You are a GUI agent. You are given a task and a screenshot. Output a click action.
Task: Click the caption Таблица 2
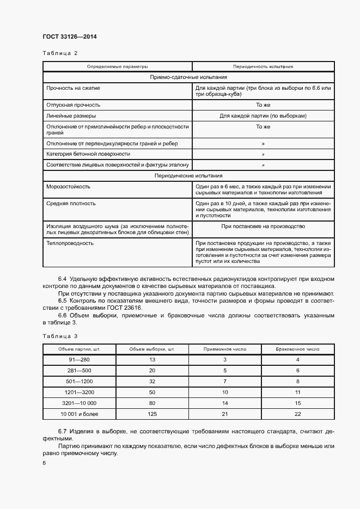point(60,53)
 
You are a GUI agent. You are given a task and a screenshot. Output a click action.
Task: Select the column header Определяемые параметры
point(117,66)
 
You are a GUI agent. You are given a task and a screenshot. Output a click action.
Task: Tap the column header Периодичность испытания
point(263,66)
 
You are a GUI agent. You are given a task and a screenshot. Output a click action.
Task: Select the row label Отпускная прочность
point(74,105)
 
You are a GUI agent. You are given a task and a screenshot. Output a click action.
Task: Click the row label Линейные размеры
point(71,115)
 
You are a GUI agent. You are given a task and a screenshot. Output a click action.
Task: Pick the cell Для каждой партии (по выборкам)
point(263,115)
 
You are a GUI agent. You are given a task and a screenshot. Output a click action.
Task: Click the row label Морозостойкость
point(68,186)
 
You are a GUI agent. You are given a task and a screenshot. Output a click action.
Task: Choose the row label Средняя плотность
point(71,203)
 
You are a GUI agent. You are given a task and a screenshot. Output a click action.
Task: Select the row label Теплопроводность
point(70,243)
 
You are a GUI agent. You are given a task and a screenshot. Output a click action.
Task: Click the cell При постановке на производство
point(263,226)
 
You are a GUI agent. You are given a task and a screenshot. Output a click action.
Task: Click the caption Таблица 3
point(60,336)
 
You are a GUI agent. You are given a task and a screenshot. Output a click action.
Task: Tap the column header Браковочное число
point(297,349)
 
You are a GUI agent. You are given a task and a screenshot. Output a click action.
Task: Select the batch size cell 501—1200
point(80,381)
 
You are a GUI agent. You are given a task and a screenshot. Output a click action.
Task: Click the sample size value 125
point(152,415)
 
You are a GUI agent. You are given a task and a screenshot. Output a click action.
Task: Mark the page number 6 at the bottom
point(44,462)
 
